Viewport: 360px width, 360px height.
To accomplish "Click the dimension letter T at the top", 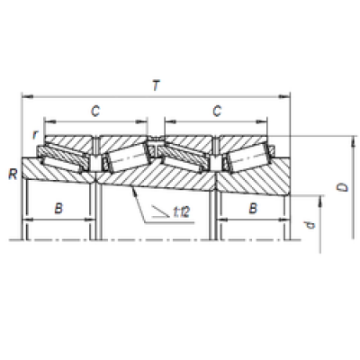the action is point(156,85).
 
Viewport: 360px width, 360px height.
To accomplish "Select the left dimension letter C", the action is point(95,112).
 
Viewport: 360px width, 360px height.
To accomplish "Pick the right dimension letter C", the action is point(217,112).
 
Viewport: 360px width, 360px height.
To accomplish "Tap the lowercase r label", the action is point(35,135).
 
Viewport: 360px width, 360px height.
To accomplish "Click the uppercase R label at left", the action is point(13,175).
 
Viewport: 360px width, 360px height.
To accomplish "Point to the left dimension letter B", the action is point(58,208).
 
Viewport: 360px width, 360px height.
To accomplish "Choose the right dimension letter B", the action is point(253,208).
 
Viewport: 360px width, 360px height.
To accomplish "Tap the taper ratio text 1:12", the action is point(182,212).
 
